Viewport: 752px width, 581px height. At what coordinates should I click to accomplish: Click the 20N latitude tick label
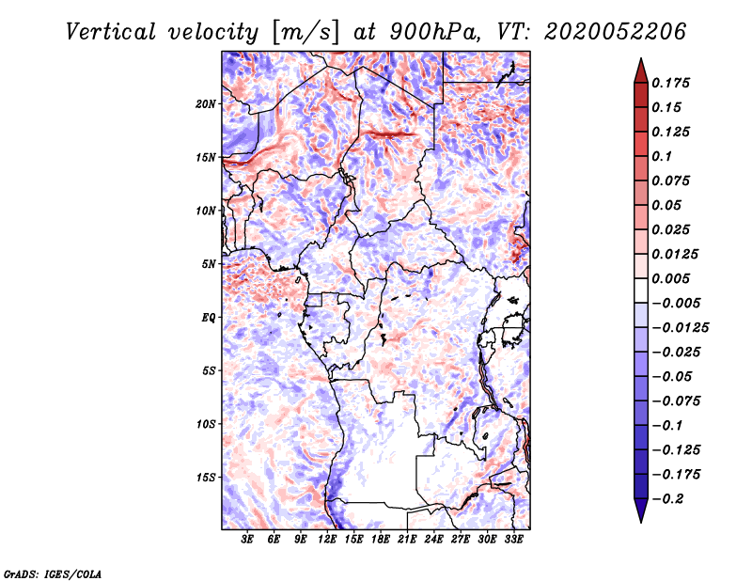click(x=206, y=104)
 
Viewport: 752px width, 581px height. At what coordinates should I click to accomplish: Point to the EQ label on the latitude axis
click(x=209, y=318)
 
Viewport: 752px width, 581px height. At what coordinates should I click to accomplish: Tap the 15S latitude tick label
click(x=206, y=478)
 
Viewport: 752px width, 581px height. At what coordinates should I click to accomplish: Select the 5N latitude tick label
click(x=209, y=264)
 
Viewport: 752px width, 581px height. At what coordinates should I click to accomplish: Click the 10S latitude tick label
click(x=206, y=424)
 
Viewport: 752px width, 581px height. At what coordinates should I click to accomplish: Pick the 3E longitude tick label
click(x=247, y=539)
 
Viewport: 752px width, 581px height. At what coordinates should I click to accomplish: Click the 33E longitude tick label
click(x=513, y=539)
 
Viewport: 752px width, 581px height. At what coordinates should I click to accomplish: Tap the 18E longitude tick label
click(x=381, y=539)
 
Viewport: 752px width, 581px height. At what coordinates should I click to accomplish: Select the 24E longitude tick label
click(x=433, y=539)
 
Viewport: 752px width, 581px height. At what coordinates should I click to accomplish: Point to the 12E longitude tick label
click(x=327, y=539)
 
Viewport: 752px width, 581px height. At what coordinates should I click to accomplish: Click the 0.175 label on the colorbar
click(x=670, y=83)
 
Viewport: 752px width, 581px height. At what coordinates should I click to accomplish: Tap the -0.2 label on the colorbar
click(x=667, y=499)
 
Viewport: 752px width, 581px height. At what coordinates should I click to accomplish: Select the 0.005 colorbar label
click(x=670, y=278)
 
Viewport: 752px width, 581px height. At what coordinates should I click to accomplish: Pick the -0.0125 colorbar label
click(x=680, y=328)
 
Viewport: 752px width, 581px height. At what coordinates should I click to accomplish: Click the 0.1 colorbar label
click(x=662, y=156)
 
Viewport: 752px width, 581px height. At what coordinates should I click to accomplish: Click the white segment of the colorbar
click(x=641, y=290)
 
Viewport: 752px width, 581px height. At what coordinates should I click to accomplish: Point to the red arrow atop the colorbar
click(x=641, y=71)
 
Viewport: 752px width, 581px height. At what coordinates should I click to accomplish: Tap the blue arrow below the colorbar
click(x=641, y=510)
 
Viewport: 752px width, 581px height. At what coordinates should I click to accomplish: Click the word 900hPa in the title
click(x=434, y=32)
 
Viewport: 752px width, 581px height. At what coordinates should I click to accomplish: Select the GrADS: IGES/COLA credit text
click(x=53, y=573)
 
